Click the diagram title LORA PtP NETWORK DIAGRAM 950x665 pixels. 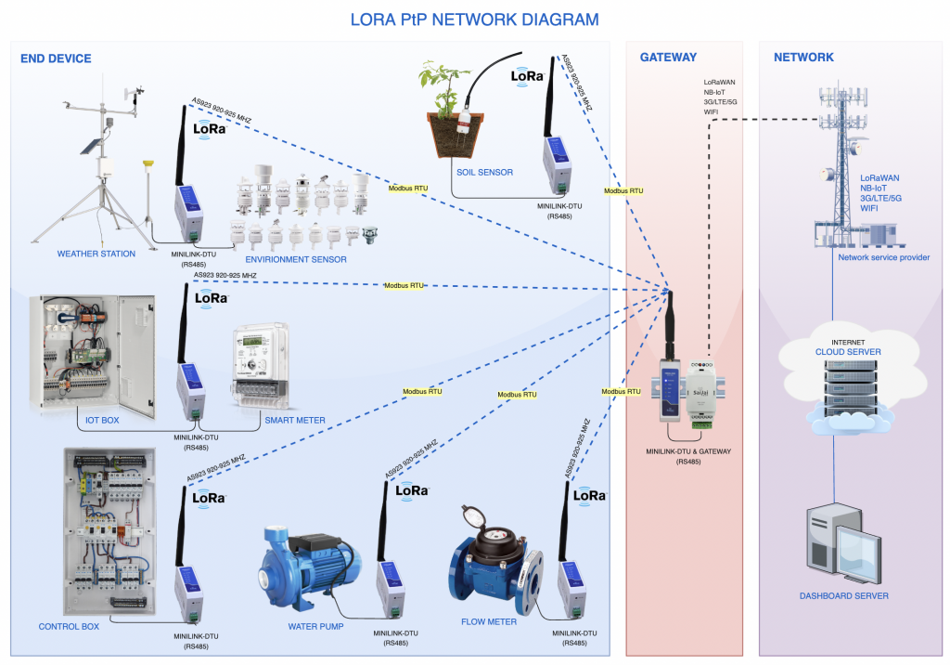pyautogui.click(x=474, y=19)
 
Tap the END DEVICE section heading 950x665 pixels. pyautogui.click(x=56, y=59)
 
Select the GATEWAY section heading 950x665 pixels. pyautogui.click(x=668, y=58)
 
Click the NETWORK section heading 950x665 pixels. pyautogui.click(x=803, y=58)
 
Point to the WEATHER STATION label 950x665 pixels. pyautogui.click(x=96, y=254)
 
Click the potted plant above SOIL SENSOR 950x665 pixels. pyautogui.click(x=452, y=111)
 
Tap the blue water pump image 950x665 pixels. pyautogui.click(x=310, y=563)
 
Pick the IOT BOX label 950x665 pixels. pyautogui.click(x=103, y=420)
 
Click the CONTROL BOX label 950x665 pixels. pyautogui.click(x=69, y=626)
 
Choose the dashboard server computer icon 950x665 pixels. pyautogui.click(x=841, y=543)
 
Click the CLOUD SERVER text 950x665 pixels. pyautogui.click(x=848, y=353)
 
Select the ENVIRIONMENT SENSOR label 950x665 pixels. pyautogui.click(x=297, y=260)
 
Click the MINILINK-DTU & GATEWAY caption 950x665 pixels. pyautogui.click(x=688, y=451)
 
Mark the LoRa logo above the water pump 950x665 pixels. pyautogui.click(x=412, y=490)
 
